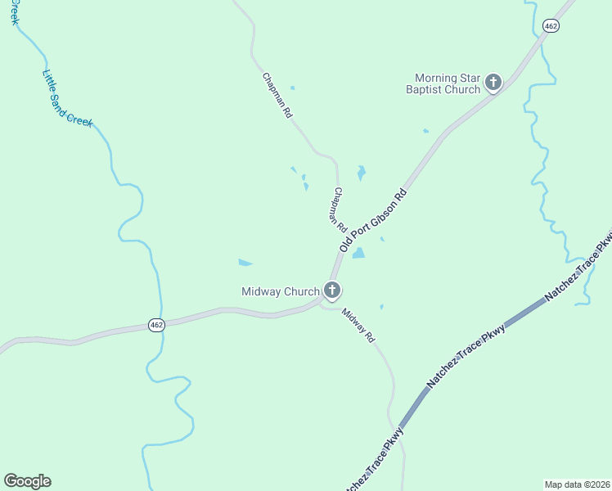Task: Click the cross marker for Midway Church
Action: click(332, 290)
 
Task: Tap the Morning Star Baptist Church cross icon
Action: click(493, 82)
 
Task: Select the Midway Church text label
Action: click(280, 291)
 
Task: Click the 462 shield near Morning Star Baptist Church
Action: click(551, 26)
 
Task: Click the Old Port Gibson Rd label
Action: click(373, 221)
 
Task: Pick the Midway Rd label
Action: click(358, 324)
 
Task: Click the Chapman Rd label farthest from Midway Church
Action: click(277, 96)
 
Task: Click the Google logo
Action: click(27, 481)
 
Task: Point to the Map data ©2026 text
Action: click(577, 484)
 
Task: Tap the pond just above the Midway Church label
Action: click(245, 263)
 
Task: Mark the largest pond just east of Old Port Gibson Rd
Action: click(358, 254)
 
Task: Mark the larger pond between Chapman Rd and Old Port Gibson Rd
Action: click(361, 173)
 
